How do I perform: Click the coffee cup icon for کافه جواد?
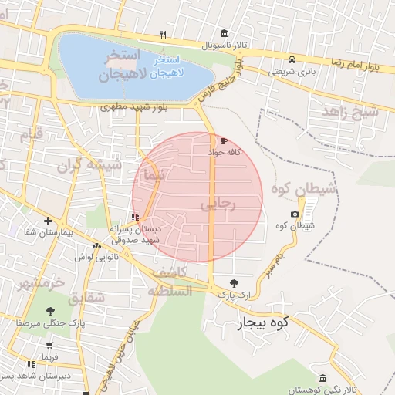(x=224, y=141)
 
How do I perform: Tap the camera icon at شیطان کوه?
(x=295, y=214)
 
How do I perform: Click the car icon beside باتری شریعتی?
(x=292, y=59)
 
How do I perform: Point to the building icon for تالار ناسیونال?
(x=224, y=33)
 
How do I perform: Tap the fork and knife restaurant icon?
(x=162, y=35)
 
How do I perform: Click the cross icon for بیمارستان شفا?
(x=48, y=221)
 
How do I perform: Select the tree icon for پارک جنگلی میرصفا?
(x=50, y=312)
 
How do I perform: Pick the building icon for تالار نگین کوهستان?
(x=322, y=378)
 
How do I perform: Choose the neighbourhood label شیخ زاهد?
(x=352, y=113)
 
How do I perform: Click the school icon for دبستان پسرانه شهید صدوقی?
(x=136, y=217)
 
